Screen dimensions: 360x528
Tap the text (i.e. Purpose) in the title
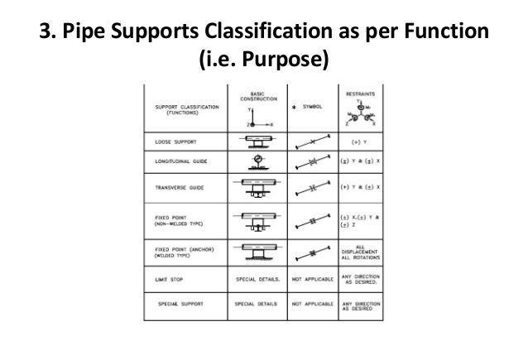click(263, 61)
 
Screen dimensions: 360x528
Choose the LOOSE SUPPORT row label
click(175, 141)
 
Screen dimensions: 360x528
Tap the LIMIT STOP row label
click(170, 280)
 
